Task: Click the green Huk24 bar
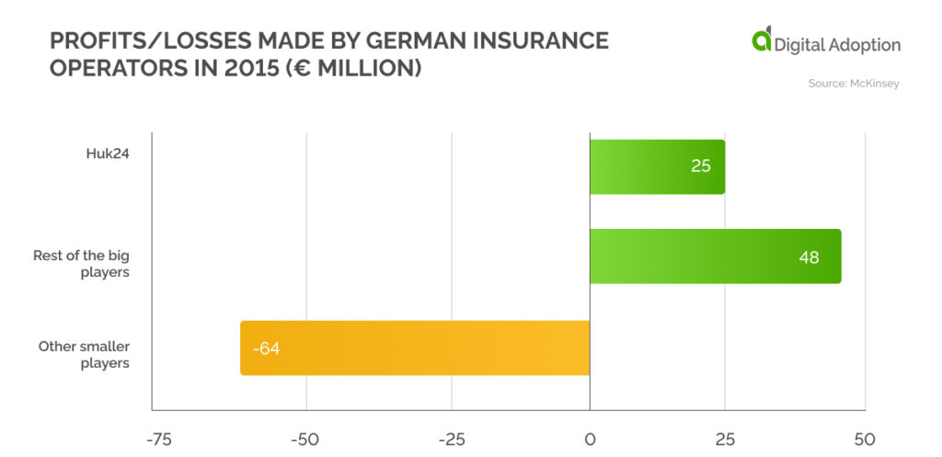[657, 166]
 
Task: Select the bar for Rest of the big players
[715, 256]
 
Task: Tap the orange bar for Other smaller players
[414, 348]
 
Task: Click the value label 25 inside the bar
[700, 167]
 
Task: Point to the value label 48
[809, 257]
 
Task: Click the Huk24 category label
[107, 154]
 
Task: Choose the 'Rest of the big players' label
[81, 264]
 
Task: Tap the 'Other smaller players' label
[84, 354]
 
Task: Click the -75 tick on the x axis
[160, 439]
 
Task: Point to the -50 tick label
[305, 439]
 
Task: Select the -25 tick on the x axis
[451, 439]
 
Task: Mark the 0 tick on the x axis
[590, 439]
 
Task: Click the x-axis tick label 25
[725, 439]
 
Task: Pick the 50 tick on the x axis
[864, 439]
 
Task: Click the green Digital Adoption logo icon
[762, 40]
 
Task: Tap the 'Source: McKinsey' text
[854, 84]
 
